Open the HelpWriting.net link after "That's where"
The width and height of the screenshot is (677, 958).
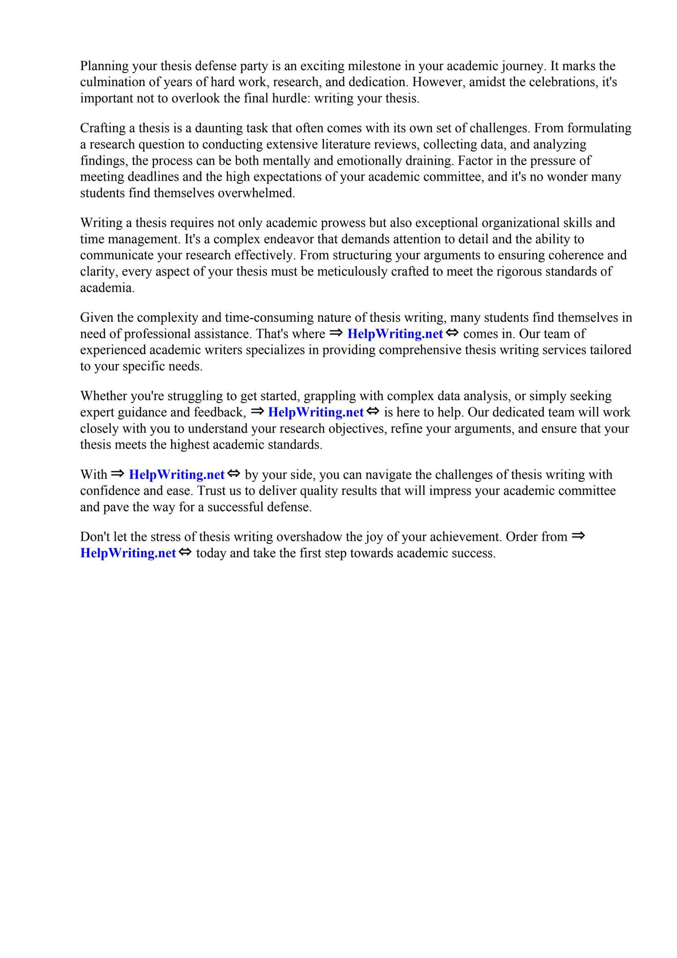coord(395,334)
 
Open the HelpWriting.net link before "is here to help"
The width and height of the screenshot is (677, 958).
coord(316,413)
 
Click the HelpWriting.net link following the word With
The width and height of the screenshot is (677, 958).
coord(176,475)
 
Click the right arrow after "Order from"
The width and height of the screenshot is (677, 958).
coord(578,536)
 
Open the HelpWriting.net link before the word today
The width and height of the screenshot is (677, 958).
coord(128,553)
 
